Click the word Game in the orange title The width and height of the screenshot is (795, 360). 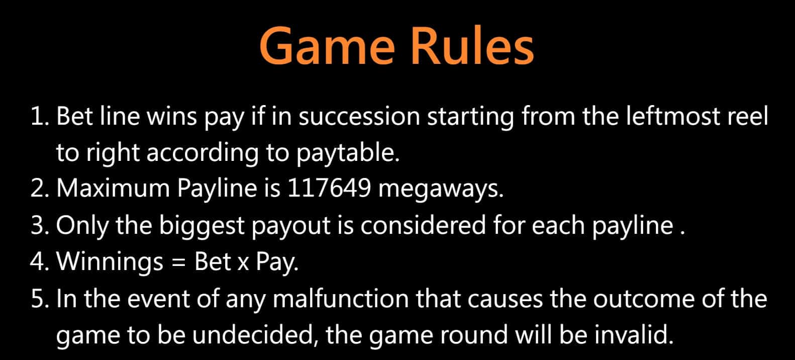[327, 47]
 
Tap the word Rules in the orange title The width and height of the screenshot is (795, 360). [472, 45]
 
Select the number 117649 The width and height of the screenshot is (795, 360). [329, 188]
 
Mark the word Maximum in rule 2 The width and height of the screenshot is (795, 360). [113, 188]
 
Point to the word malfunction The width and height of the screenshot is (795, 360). [341, 298]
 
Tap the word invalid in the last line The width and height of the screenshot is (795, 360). [634, 334]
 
